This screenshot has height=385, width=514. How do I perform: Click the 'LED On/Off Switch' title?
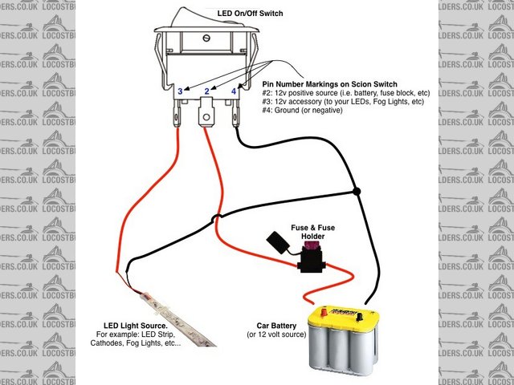[x=251, y=14]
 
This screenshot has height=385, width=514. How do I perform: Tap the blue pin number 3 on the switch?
[x=180, y=91]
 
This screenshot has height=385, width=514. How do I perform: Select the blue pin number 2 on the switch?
[x=207, y=91]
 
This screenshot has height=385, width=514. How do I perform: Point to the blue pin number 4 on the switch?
[x=234, y=91]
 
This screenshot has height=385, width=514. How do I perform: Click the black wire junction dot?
[x=357, y=192]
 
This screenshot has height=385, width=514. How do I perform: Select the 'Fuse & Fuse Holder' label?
[x=312, y=233]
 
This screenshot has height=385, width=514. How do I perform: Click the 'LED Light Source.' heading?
[x=130, y=325]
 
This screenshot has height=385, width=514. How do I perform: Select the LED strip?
[x=173, y=314]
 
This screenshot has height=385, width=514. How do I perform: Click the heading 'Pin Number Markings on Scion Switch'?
[x=330, y=83]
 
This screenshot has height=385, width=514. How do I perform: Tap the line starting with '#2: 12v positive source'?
[x=345, y=93]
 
